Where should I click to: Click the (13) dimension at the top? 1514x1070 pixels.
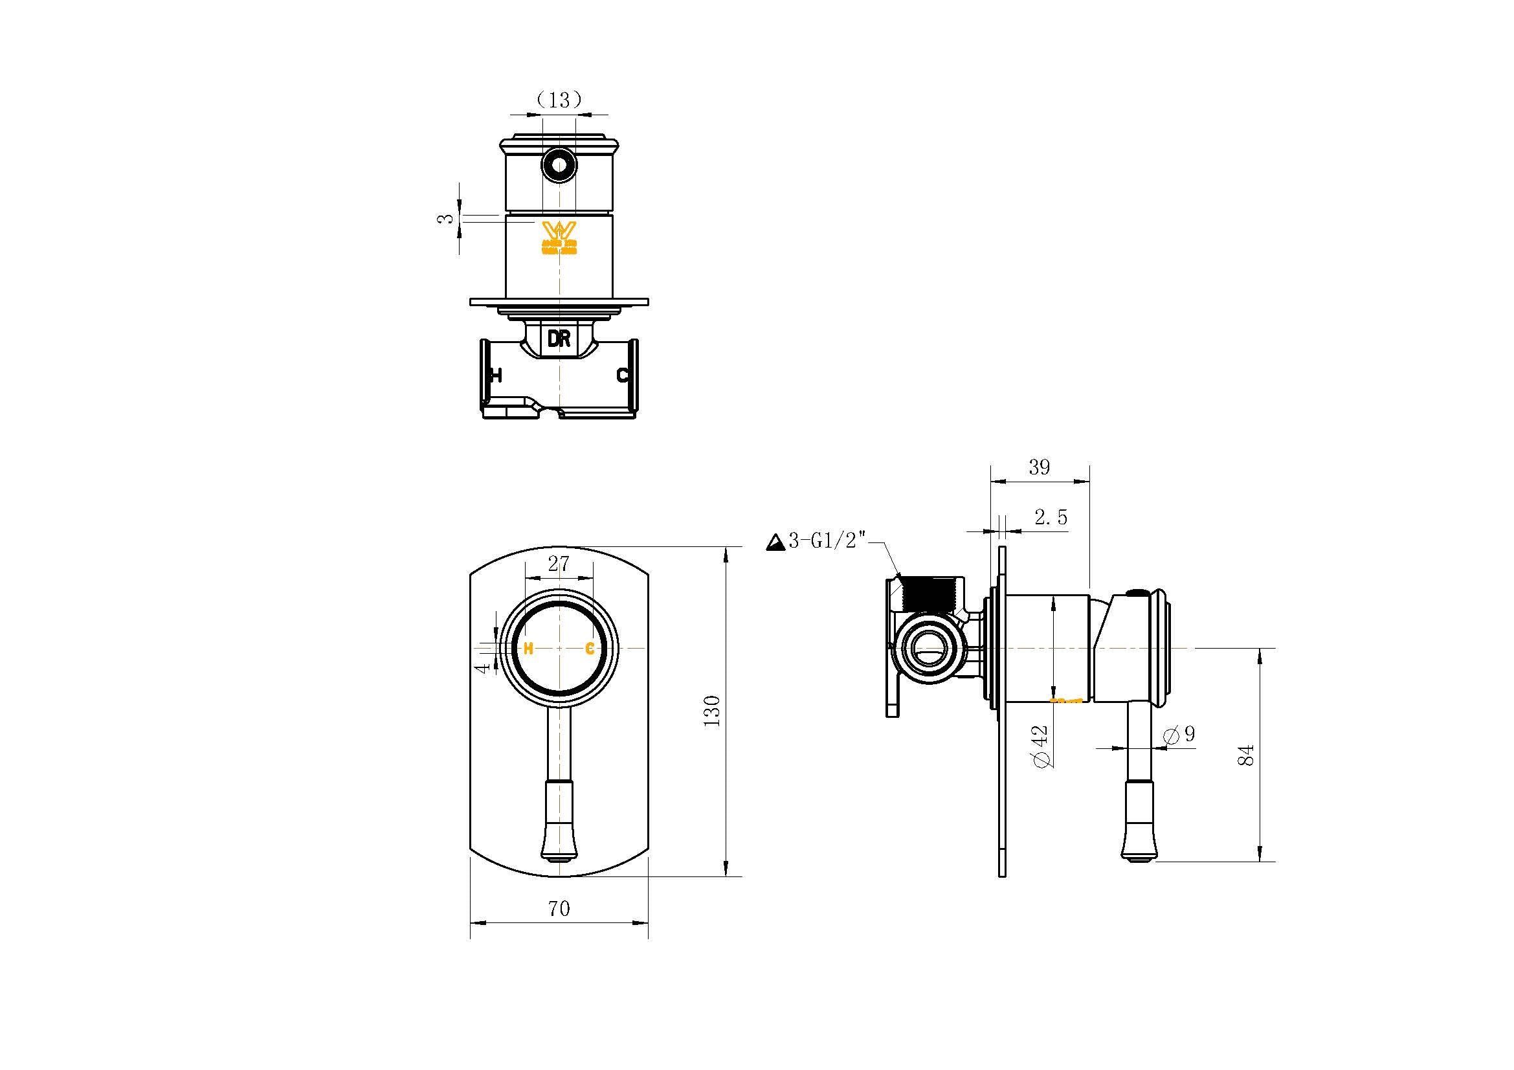(x=559, y=100)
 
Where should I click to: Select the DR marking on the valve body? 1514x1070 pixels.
(x=559, y=339)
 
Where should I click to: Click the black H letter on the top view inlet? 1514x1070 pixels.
(x=496, y=376)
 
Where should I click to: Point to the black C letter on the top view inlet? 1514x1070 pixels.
(x=622, y=376)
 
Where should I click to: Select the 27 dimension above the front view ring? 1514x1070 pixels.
(x=558, y=564)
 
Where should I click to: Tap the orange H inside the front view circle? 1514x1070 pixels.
(x=528, y=649)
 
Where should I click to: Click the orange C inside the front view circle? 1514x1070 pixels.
(x=590, y=649)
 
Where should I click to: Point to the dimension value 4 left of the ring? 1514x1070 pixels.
(x=484, y=668)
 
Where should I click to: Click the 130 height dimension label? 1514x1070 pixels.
(x=712, y=711)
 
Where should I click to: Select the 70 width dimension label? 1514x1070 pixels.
(x=559, y=908)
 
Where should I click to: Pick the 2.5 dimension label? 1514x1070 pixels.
(x=1051, y=518)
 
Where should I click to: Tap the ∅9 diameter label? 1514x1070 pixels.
(x=1180, y=735)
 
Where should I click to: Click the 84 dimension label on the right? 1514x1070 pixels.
(x=1245, y=755)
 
